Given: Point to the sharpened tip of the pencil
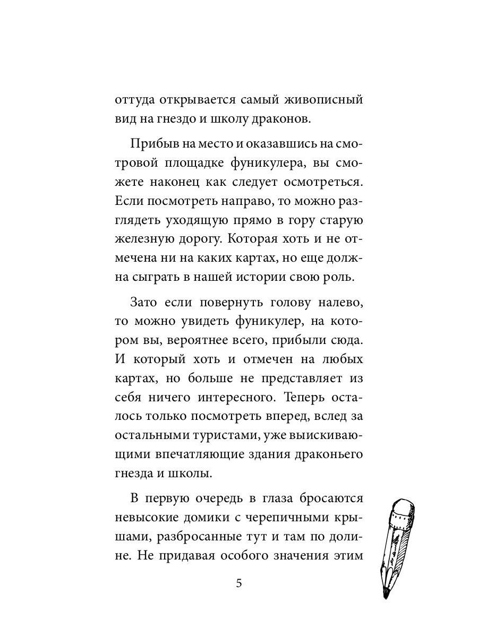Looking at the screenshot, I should click(387, 595).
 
